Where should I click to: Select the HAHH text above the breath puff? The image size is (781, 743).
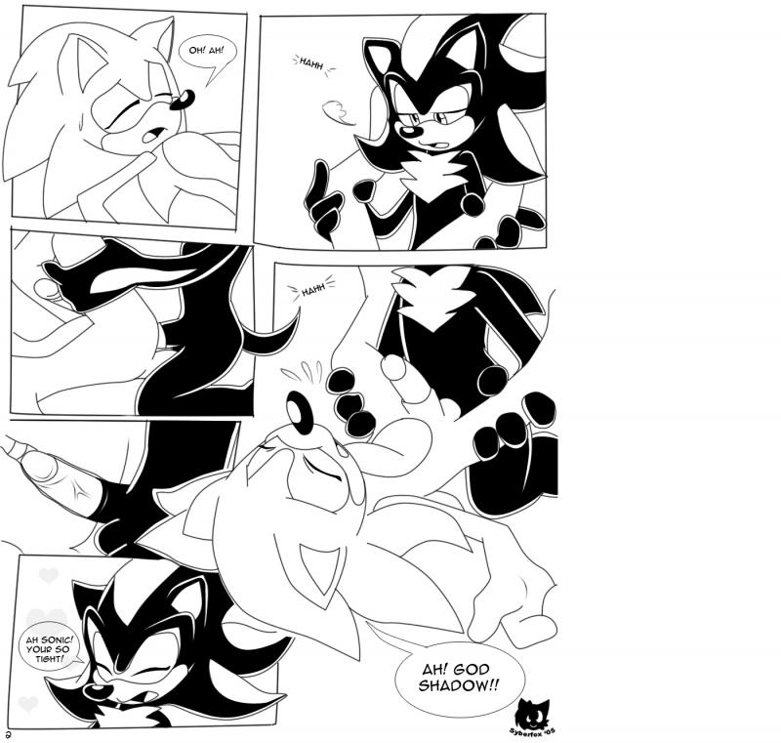coord(310,63)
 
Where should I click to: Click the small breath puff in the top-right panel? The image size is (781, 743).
coord(337,112)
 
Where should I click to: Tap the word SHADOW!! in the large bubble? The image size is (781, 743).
coord(458,685)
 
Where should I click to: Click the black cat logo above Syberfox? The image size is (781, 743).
coord(534,712)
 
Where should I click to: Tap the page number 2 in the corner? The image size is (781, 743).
coord(8,734)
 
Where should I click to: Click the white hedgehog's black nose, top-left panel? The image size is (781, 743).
coord(182,101)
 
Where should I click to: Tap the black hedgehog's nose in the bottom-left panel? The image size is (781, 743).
coord(95,691)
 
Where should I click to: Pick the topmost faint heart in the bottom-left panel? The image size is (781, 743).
coord(49,576)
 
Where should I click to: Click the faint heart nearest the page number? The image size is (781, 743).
coord(28,703)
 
